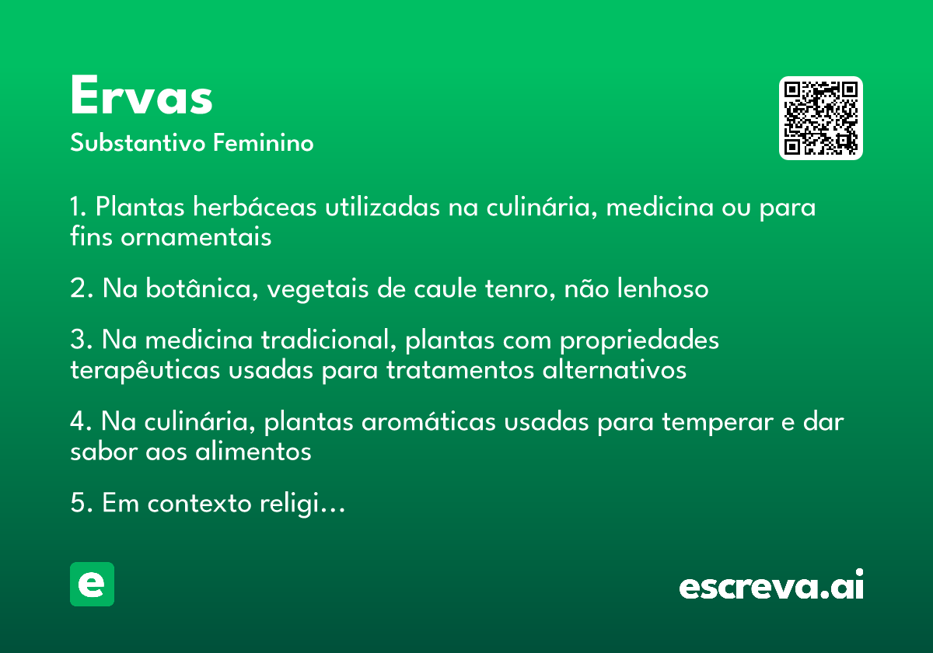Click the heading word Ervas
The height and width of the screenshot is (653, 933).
click(142, 95)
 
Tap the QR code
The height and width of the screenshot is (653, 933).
click(820, 118)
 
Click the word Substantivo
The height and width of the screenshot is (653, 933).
click(138, 143)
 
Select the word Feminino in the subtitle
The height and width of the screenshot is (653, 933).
click(264, 143)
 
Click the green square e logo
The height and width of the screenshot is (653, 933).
click(92, 584)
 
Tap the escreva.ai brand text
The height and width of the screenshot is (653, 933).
click(771, 584)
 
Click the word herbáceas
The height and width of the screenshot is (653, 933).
click(254, 207)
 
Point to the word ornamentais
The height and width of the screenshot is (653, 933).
click(196, 237)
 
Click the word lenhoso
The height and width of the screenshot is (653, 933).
click(662, 288)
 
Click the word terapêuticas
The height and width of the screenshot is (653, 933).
click(145, 370)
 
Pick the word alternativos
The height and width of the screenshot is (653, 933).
click(614, 370)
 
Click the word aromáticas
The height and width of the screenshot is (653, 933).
click(428, 421)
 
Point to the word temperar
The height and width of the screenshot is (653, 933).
click(718, 422)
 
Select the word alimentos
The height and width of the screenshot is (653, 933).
click(253, 452)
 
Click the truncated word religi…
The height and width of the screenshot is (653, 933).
click(302, 504)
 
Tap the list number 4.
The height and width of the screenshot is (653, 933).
click(79, 421)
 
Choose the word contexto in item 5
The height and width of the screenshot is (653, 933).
click(199, 504)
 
